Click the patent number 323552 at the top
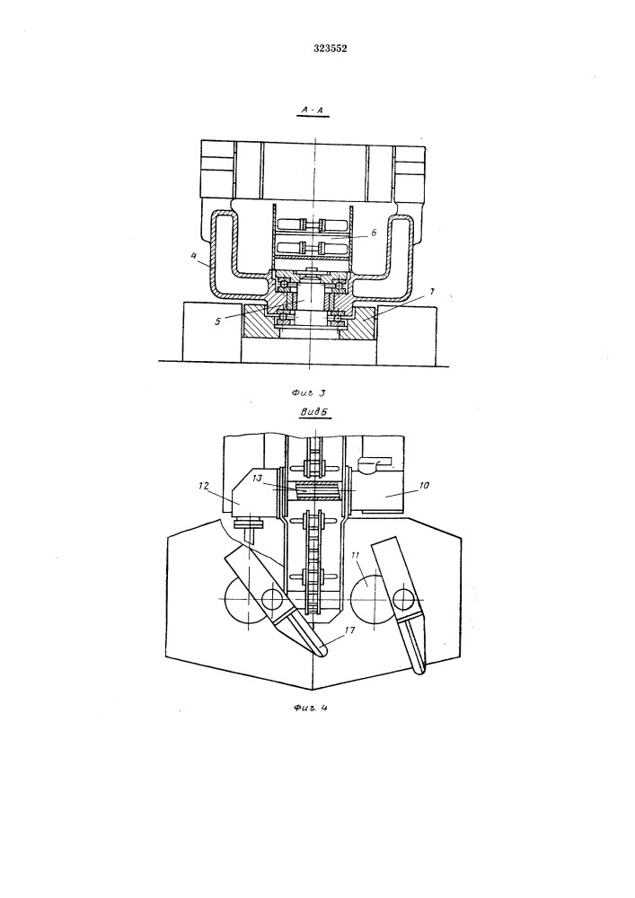330,48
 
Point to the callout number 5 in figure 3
217,321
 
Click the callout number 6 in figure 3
374,233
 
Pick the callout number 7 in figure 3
432,292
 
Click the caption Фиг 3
308,393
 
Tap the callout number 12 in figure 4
203,486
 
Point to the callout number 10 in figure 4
424,485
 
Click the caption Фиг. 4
310,708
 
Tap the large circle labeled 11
372,599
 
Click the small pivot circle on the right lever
404,598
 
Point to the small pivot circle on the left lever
271,599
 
